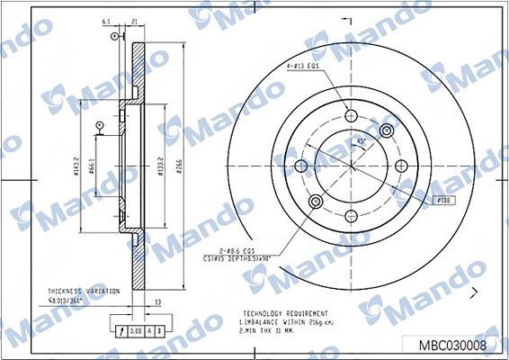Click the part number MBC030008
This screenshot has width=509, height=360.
454,344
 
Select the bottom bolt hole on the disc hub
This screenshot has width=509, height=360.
348,214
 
